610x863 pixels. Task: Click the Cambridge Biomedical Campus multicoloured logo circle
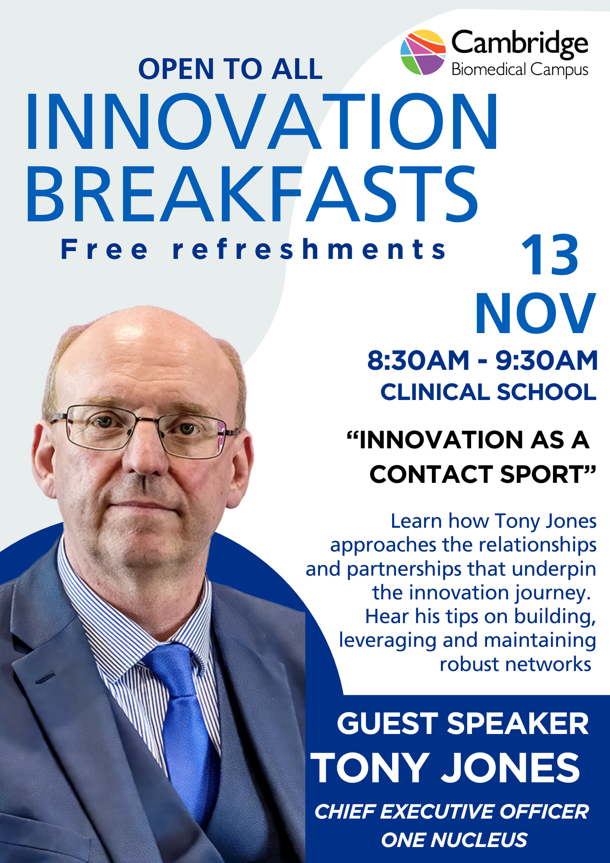point(423,52)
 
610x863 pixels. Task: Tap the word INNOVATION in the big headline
point(262,122)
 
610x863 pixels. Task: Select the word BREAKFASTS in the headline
point(252,195)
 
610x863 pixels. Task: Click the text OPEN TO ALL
point(230,69)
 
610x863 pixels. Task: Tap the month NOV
point(535,314)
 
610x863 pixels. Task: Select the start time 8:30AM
point(418,360)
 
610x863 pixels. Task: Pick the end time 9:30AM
point(546,360)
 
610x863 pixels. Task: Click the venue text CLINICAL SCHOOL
point(488,392)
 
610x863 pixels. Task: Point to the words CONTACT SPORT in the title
point(482,474)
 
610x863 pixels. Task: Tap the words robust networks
point(515,664)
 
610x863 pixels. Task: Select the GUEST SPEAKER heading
point(462,724)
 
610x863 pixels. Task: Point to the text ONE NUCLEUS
point(454,840)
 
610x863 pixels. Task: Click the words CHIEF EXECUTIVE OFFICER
point(451,812)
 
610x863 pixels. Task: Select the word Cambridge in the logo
point(519,43)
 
